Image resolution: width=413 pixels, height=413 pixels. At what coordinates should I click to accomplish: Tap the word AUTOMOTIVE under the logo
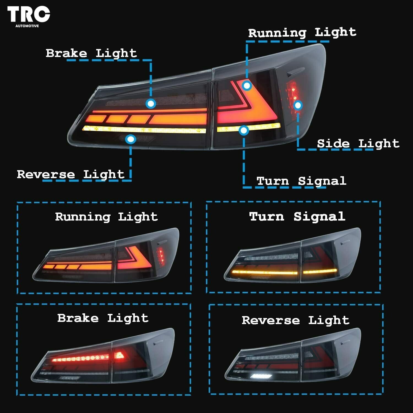(x=27, y=26)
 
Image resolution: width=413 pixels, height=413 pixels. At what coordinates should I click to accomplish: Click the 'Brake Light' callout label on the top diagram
(x=91, y=53)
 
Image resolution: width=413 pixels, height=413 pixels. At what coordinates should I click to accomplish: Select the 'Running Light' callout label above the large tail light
(x=302, y=32)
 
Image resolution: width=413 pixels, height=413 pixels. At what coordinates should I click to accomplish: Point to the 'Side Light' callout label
(x=358, y=143)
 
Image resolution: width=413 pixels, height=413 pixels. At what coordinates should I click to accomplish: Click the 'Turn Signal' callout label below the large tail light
(x=301, y=181)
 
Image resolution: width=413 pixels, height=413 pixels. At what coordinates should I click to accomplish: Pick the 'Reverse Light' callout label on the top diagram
(x=70, y=174)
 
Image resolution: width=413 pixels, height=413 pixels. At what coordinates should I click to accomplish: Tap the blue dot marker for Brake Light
(x=151, y=104)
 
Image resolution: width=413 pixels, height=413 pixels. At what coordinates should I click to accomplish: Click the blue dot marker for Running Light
(x=247, y=86)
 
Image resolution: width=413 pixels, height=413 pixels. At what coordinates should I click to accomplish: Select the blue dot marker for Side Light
(x=298, y=105)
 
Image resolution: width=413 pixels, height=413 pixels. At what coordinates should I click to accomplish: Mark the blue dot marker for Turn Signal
(x=244, y=130)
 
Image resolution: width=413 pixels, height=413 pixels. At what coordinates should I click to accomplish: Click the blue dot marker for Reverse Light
(x=131, y=139)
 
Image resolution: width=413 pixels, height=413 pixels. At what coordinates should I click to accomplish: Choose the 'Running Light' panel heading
(x=106, y=217)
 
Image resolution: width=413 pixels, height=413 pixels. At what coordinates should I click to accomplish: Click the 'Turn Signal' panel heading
(x=297, y=216)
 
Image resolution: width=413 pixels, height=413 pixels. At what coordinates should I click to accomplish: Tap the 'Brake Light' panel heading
(x=103, y=318)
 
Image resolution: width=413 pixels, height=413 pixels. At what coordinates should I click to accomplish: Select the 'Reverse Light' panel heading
(x=295, y=320)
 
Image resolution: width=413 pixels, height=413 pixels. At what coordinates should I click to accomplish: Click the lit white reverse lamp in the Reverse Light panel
(x=261, y=376)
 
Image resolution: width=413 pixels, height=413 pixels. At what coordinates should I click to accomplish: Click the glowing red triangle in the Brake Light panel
(x=119, y=355)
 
